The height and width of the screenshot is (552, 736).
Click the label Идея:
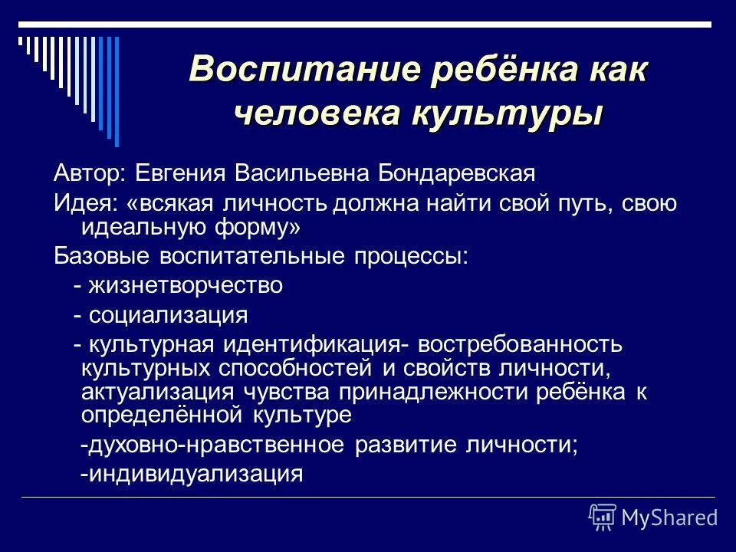(84, 204)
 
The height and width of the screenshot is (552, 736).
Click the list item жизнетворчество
(185, 286)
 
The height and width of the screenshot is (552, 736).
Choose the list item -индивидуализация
(192, 473)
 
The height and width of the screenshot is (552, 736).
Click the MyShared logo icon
(602, 517)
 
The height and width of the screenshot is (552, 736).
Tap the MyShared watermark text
(669, 517)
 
